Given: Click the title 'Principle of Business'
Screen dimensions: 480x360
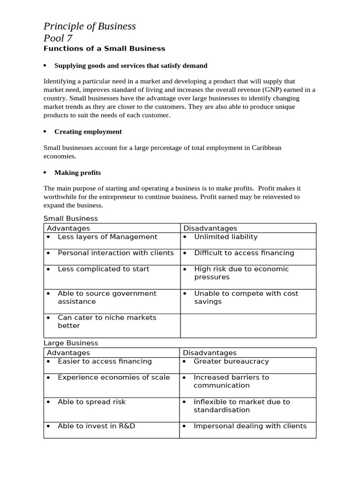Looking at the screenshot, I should coord(90,26).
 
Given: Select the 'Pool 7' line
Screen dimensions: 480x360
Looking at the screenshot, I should coord(58,38).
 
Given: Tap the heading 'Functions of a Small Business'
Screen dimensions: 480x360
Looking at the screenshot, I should coord(104,48).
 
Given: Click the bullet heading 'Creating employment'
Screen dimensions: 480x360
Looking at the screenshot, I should coord(88,132).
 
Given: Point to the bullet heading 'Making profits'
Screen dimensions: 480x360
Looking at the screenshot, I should coord(77,172).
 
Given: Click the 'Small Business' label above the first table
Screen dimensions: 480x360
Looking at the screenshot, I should coord(71,218).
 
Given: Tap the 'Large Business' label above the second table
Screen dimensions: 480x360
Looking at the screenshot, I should coord(71,343).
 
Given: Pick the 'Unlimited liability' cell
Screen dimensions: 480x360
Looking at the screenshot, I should coord(225,237).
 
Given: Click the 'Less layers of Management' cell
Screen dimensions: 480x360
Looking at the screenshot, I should coord(107,237).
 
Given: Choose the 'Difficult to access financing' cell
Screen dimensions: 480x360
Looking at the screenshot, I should coord(244,253).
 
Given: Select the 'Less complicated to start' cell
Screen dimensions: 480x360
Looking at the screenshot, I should coord(103,269).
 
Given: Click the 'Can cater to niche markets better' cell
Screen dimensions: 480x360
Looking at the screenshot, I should coord(107,322).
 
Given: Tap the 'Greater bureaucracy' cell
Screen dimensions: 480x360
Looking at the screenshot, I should coord(231,361).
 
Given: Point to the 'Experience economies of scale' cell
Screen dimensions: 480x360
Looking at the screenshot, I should coord(113,377).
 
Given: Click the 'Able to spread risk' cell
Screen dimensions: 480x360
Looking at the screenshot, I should coord(91,402).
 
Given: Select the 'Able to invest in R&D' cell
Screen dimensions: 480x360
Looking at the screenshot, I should coord(96,426).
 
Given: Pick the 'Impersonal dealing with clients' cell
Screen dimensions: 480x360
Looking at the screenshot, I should coord(250,426).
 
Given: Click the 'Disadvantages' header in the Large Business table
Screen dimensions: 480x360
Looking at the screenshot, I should coord(210,352).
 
